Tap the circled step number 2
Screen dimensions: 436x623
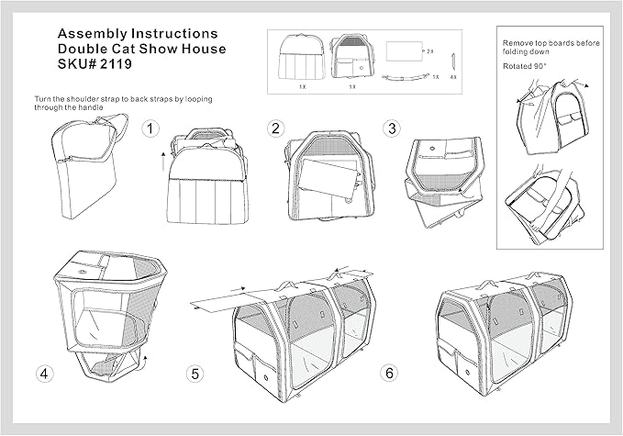(274, 129)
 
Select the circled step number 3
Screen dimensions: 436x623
(392, 129)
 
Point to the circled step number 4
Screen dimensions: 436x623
(43, 373)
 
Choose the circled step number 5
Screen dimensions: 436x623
(195, 373)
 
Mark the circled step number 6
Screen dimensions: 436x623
(389, 373)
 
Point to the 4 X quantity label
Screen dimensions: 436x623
(452, 78)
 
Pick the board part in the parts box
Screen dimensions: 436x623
(404, 51)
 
